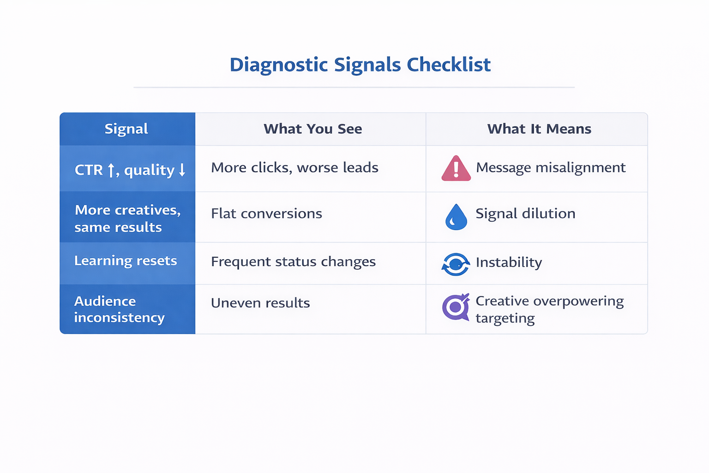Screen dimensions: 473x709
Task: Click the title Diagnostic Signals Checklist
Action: (360, 65)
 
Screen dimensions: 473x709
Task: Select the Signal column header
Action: (126, 129)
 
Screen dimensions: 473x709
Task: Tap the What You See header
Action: (312, 129)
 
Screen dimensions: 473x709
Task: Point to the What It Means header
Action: (539, 129)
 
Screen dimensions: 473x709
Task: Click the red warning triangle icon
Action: (456, 169)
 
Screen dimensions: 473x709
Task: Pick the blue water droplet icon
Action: (456, 217)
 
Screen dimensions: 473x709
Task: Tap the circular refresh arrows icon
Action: (456, 264)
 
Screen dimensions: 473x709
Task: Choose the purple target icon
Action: (456, 307)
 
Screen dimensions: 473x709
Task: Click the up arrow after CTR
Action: (111, 170)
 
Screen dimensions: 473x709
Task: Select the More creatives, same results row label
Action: (127, 218)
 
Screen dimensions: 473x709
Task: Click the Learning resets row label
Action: (126, 261)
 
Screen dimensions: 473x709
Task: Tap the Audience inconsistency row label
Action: (119, 309)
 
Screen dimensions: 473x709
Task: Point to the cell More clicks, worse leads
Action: (294, 168)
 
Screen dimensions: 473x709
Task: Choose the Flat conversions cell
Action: (266, 214)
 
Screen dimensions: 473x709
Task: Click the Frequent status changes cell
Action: (293, 262)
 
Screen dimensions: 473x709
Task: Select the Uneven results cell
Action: (260, 303)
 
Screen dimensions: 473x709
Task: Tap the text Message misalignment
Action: (551, 168)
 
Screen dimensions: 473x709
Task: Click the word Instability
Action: (509, 262)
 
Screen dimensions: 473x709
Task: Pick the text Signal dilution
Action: (525, 214)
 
